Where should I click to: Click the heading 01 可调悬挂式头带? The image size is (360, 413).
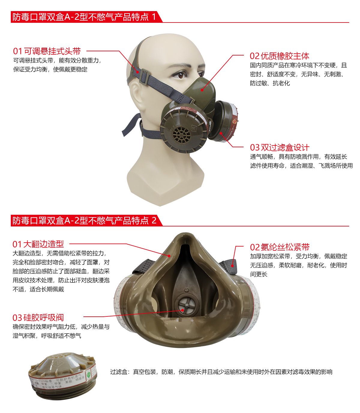(x=47, y=51)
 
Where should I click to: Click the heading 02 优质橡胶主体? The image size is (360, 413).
(x=279, y=56)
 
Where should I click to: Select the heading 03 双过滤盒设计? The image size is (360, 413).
(x=279, y=148)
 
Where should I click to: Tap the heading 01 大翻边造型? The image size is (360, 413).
(x=38, y=244)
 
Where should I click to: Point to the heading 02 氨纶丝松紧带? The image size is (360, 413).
(x=280, y=247)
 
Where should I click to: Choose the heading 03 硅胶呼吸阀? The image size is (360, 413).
(x=38, y=318)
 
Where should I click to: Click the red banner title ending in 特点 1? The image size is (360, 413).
(x=84, y=17)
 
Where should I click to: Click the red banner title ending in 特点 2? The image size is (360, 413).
(x=84, y=221)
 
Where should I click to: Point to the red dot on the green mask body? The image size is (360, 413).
(x=202, y=90)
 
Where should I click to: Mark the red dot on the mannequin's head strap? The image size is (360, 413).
(x=138, y=72)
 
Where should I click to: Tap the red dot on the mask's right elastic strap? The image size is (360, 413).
(x=232, y=265)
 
